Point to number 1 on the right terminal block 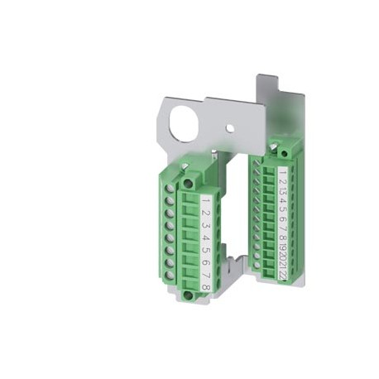283,175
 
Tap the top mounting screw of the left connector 189,182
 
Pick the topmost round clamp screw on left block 171,189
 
